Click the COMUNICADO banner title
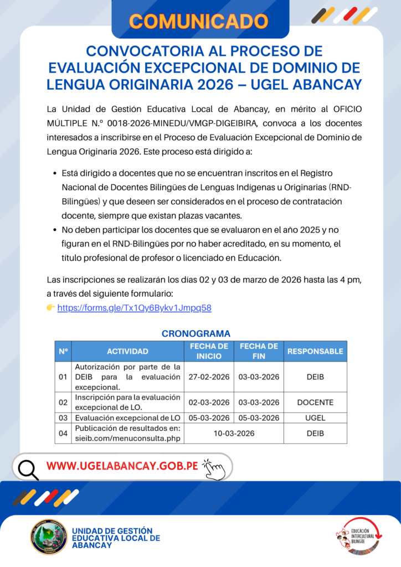tap(199, 21)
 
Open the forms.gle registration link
tap(134, 307)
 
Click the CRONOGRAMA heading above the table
tap(196, 333)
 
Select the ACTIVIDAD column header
tap(127, 351)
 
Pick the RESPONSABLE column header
tap(315, 351)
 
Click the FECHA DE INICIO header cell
tap(209, 351)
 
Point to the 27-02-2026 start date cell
tap(209, 377)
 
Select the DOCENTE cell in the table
tap(315, 402)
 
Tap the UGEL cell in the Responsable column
tap(315, 418)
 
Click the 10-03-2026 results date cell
tap(234, 433)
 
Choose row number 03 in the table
tap(63, 418)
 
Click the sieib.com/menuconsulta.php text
tap(128, 438)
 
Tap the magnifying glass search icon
tap(28, 469)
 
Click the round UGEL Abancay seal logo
tap(49, 536)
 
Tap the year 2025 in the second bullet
tap(302, 229)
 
